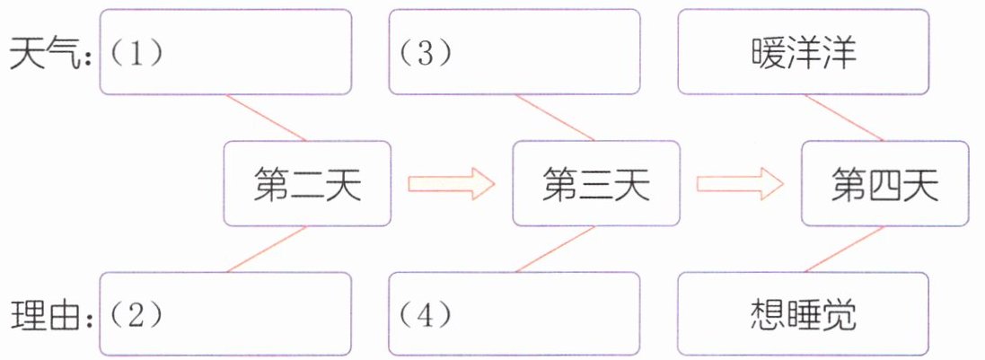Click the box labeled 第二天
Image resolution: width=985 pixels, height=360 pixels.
click(x=307, y=184)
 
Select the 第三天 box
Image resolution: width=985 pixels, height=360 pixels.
click(x=595, y=184)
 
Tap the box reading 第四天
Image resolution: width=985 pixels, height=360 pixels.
click(x=884, y=184)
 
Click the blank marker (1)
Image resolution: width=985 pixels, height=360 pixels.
click(x=136, y=53)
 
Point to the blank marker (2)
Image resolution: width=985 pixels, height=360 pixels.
click(x=136, y=314)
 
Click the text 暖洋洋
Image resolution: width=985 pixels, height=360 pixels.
click(x=804, y=53)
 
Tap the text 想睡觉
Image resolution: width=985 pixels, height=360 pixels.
click(x=804, y=314)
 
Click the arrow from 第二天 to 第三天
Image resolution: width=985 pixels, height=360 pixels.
click(x=452, y=184)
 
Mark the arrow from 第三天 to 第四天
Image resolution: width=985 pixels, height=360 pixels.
click(x=741, y=184)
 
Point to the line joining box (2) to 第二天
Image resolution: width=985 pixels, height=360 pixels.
click(x=267, y=249)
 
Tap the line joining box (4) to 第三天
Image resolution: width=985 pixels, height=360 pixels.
click(x=556, y=249)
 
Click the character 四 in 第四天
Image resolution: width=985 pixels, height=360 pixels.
click(x=884, y=186)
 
